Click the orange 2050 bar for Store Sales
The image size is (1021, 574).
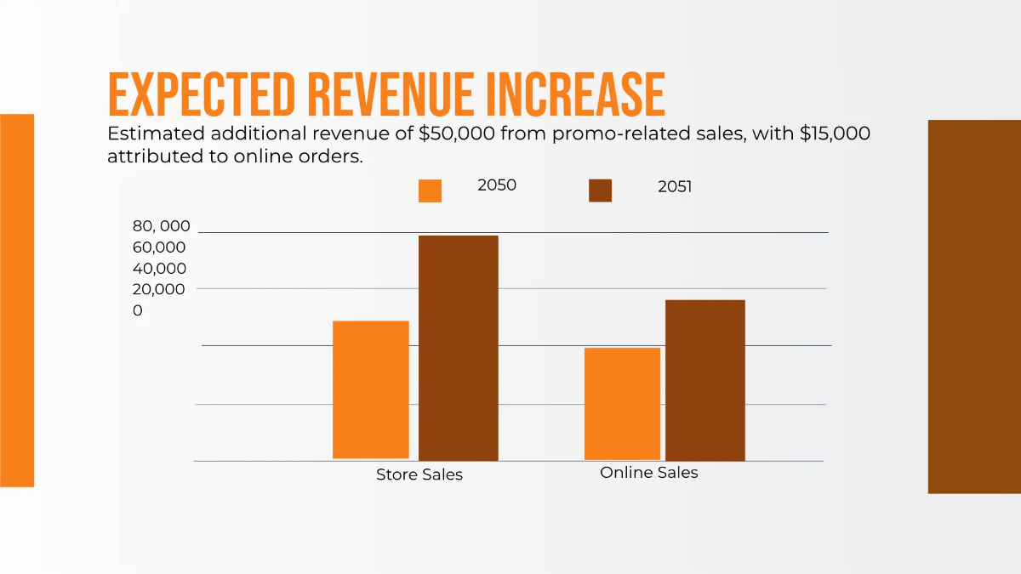click(x=371, y=389)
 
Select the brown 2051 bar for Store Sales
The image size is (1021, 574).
click(x=459, y=348)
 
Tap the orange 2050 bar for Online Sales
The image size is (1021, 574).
click(x=622, y=403)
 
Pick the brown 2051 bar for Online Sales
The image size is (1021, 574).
click(x=705, y=380)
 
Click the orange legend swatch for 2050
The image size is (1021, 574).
click(x=430, y=191)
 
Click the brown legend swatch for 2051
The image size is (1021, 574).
click(x=600, y=191)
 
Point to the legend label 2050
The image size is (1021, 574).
click(x=497, y=185)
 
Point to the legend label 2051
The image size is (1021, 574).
click(x=675, y=187)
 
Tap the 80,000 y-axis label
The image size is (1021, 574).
click(x=161, y=226)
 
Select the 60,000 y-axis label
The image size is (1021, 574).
click(x=158, y=247)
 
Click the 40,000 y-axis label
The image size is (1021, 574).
click(x=158, y=268)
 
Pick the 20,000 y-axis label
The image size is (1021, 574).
click(x=158, y=289)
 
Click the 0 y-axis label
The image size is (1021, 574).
click(x=138, y=311)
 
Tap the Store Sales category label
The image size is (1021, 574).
click(x=419, y=475)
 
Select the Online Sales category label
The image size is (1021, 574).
click(x=649, y=473)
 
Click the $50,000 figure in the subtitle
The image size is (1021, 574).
click(x=454, y=134)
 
